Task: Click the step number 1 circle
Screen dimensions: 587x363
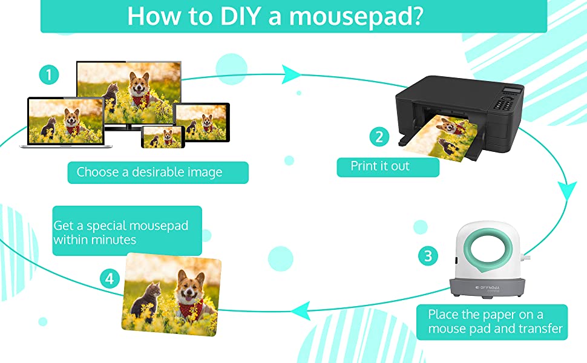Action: tap(49, 75)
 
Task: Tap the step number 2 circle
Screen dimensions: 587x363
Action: tap(379, 137)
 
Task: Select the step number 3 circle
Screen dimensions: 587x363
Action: tap(428, 256)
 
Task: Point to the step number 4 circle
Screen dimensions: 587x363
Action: tap(110, 279)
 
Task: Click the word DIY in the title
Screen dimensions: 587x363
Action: tap(240, 16)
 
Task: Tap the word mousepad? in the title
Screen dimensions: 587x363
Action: tap(356, 17)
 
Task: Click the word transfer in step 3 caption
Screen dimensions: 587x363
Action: tap(540, 329)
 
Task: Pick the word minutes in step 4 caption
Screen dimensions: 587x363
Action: tap(114, 240)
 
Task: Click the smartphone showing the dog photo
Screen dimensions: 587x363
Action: tap(163, 137)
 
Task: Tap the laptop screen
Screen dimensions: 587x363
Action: tap(66, 121)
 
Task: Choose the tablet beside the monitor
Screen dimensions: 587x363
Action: tap(202, 122)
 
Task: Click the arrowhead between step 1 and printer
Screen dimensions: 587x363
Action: tap(290, 74)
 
